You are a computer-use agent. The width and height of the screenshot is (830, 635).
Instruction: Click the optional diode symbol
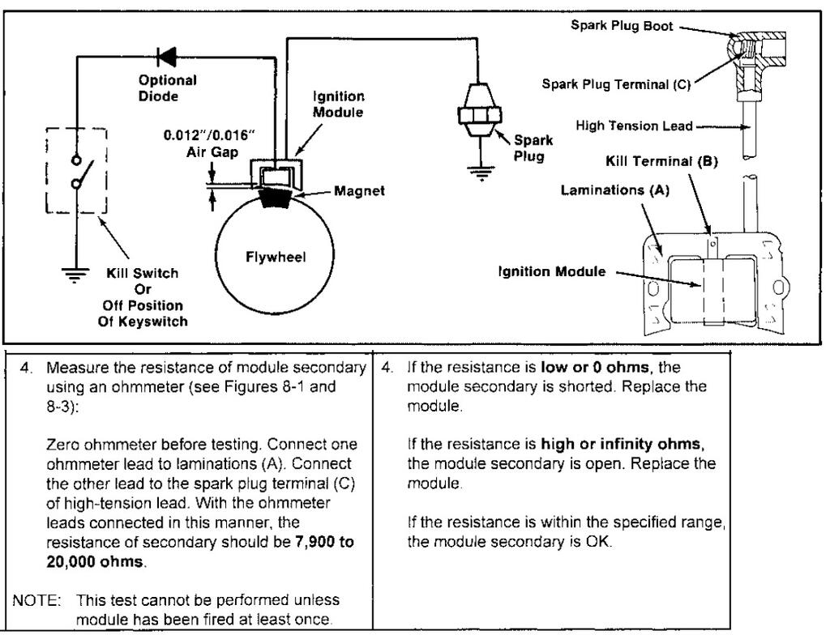[167, 57]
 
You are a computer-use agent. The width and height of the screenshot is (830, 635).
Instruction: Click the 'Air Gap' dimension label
[212, 152]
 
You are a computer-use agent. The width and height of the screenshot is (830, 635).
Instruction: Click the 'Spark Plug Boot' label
[622, 25]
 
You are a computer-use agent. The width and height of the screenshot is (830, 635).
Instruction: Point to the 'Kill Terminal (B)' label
[661, 161]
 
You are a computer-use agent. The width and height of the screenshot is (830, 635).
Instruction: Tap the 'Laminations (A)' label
[615, 190]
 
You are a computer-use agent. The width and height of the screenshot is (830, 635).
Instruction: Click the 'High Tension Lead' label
[634, 126]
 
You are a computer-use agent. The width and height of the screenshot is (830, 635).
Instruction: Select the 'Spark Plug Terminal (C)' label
[616, 84]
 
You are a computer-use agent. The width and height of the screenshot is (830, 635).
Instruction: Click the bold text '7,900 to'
[324, 542]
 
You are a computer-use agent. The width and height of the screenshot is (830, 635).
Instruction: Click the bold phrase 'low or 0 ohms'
[595, 367]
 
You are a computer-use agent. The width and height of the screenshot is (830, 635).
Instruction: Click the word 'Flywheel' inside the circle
[276, 258]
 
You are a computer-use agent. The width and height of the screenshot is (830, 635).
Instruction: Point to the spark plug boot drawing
[756, 53]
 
